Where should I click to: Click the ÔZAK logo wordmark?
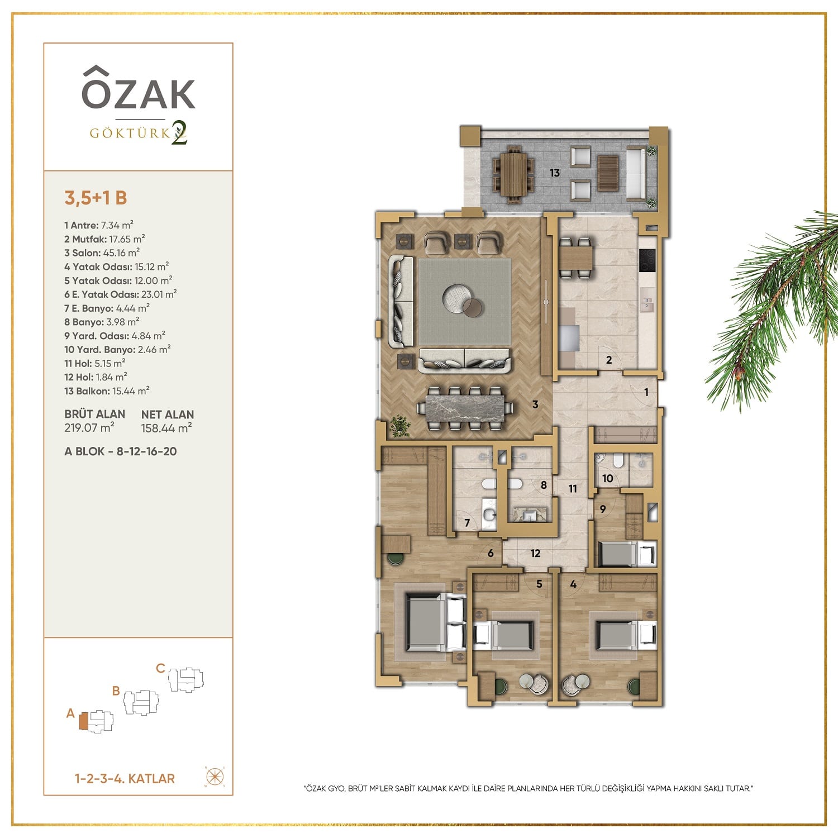point(139,88)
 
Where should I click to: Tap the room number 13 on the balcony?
point(554,173)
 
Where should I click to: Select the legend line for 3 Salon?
point(102,253)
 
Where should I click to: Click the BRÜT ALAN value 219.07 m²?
point(89,428)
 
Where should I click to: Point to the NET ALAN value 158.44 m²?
point(166,428)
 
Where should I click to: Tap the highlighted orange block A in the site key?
point(83,721)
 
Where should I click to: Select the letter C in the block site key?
point(160,668)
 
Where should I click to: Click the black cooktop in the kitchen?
point(647,260)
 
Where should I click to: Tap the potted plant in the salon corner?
point(400,426)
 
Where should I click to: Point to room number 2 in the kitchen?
point(609,360)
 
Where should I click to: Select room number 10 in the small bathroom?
point(608,478)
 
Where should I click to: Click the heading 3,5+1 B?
point(96,198)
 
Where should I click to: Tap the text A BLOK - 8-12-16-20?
point(121,451)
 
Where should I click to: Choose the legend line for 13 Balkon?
point(107,391)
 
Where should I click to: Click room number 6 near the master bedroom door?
point(491,553)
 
